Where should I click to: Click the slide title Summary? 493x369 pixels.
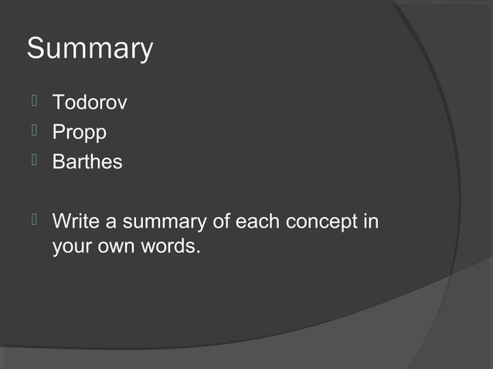click(90, 49)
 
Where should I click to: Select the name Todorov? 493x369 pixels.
click(89, 103)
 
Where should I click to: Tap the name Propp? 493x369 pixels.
click(79, 133)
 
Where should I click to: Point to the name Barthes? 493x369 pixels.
click(87, 163)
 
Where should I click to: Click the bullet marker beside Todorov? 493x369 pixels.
click(34, 101)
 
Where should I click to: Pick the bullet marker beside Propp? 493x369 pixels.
click(34, 131)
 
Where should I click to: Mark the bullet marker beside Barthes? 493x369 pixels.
click(34, 161)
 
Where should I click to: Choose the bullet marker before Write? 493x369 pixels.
click(34, 221)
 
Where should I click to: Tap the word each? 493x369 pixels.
click(257, 222)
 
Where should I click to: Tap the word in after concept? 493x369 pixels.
click(370, 222)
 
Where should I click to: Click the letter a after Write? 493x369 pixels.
click(110, 223)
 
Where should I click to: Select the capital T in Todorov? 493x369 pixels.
click(58, 103)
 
